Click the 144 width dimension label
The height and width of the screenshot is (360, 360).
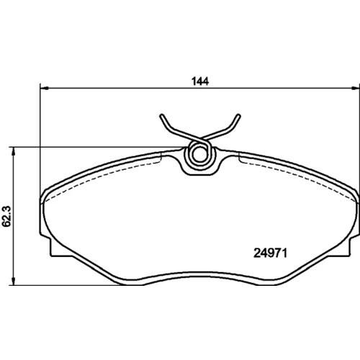200,81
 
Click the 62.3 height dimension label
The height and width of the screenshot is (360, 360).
6,216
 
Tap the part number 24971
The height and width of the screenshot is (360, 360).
271,253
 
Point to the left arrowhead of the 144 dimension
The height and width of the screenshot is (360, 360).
45,88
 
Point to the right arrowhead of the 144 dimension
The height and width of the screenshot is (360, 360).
356,88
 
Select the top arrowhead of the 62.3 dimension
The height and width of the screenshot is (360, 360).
14,151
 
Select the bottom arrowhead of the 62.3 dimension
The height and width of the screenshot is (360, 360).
14,281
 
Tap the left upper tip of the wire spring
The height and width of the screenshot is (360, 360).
162,116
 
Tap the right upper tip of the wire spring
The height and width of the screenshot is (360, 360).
238,116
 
